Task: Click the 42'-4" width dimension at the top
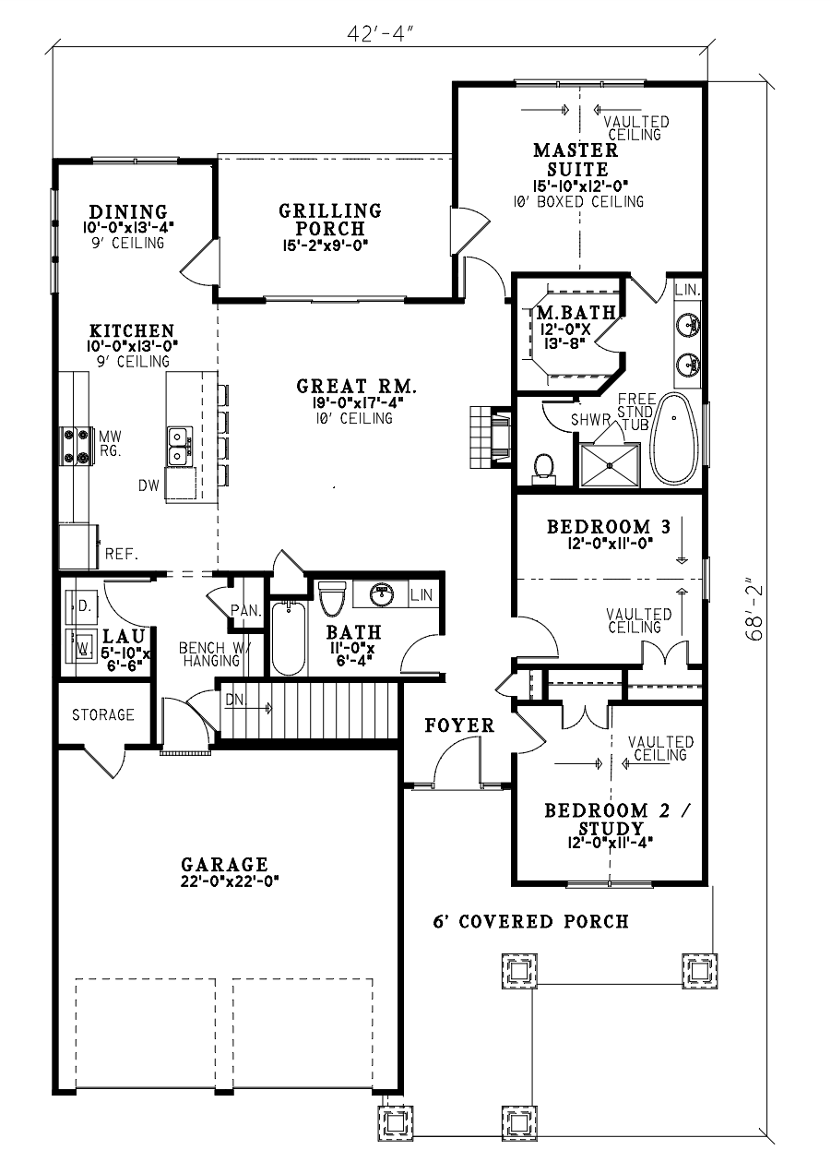coord(381,34)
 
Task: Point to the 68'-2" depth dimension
coord(754,612)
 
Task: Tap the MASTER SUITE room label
coord(576,160)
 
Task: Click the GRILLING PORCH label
coord(330,220)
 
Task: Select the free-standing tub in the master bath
coord(674,438)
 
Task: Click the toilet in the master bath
coord(544,469)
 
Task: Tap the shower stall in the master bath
coord(610,464)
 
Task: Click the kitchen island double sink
coord(179,446)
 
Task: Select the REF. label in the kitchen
coord(122,554)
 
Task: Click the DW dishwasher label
coord(148,485)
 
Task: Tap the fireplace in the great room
coord(490,437)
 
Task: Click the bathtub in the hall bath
coord(288,638)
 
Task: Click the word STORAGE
coord(103,714)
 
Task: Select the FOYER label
coord(459,725)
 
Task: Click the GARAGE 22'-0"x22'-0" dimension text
coord(229,881)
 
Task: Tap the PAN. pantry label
coord(246,611)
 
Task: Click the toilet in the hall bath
coord(331,598)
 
